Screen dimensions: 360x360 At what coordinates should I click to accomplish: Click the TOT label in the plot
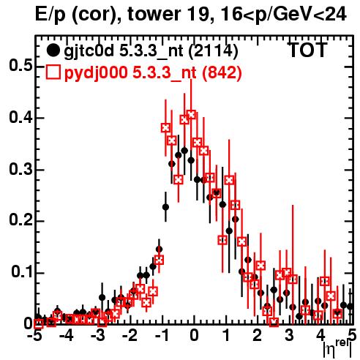click(308, 50)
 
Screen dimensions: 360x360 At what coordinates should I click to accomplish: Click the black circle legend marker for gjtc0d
click(53, 50)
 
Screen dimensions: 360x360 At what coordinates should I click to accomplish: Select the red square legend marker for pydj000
click(53, 72)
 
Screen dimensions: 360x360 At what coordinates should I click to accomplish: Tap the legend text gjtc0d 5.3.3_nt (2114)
click(151, 51)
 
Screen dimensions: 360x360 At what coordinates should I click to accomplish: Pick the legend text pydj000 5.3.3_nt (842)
click(153, 73)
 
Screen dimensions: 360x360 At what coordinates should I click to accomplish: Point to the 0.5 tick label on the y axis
click(20, 65)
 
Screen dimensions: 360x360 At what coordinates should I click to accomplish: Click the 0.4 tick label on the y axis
click(20, 117)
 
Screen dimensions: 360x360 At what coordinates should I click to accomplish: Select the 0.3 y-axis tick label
click(20, 169)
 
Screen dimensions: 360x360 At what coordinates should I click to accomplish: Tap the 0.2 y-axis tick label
click(20, 220)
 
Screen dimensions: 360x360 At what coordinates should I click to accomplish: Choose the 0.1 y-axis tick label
click(22, 272)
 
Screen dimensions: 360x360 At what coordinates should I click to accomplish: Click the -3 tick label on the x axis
click(98, 336)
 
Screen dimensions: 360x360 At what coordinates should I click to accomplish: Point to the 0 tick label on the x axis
click(194, 336)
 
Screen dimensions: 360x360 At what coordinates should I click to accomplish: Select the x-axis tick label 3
click(289, 336)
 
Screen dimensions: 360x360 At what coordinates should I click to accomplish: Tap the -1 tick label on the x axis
click(162, 336)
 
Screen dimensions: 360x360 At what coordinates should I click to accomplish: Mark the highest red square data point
click(192, 114)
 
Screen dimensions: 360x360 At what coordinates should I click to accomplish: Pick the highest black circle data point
click(184, 151)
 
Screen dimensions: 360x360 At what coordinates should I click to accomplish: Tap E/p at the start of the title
click(50, 15)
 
